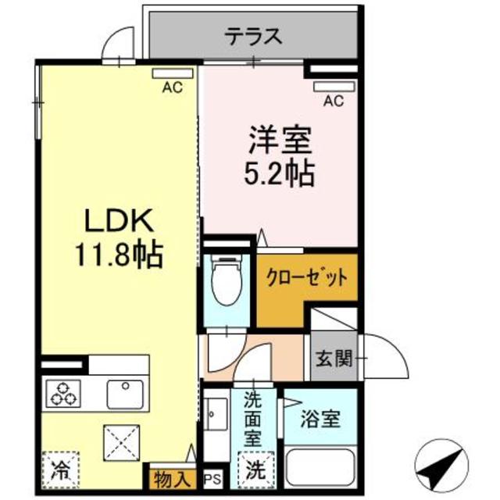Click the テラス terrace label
click(254, 36)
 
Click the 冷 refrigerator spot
click(59, 470)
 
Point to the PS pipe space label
click(212, 477)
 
